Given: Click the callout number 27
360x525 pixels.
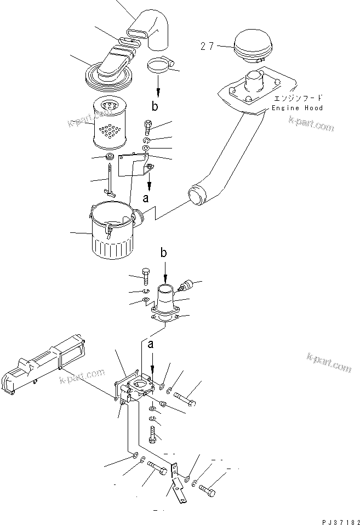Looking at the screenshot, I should [x=207, y=47].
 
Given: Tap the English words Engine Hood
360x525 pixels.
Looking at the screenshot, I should [x=298, y=109].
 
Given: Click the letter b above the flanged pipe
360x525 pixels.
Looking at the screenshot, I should [x=164, y=253].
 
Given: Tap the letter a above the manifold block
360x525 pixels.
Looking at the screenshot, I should [x=150, y=344].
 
